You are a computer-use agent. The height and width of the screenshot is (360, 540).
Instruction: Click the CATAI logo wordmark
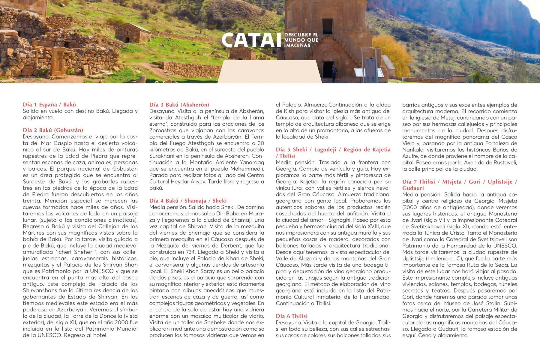(251, 40)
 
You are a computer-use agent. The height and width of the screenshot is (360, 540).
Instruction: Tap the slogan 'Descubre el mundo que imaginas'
(301, 40)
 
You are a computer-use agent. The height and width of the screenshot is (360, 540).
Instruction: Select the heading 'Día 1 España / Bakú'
(49, 105)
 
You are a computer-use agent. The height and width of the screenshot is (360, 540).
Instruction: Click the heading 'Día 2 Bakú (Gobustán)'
(53, 130)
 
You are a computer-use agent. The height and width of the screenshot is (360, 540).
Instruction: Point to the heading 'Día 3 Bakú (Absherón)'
(179, 105)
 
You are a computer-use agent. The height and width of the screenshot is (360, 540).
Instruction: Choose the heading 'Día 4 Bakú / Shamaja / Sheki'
(188, 201)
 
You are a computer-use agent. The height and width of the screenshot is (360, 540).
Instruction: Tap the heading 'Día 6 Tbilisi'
(292, 316)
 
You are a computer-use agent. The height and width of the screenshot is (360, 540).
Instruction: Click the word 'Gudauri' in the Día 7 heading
(413, 188)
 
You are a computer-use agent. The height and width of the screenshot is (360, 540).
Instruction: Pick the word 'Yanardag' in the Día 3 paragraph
(252, 162)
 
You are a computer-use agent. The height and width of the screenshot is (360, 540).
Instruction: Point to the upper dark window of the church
(327, 26)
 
